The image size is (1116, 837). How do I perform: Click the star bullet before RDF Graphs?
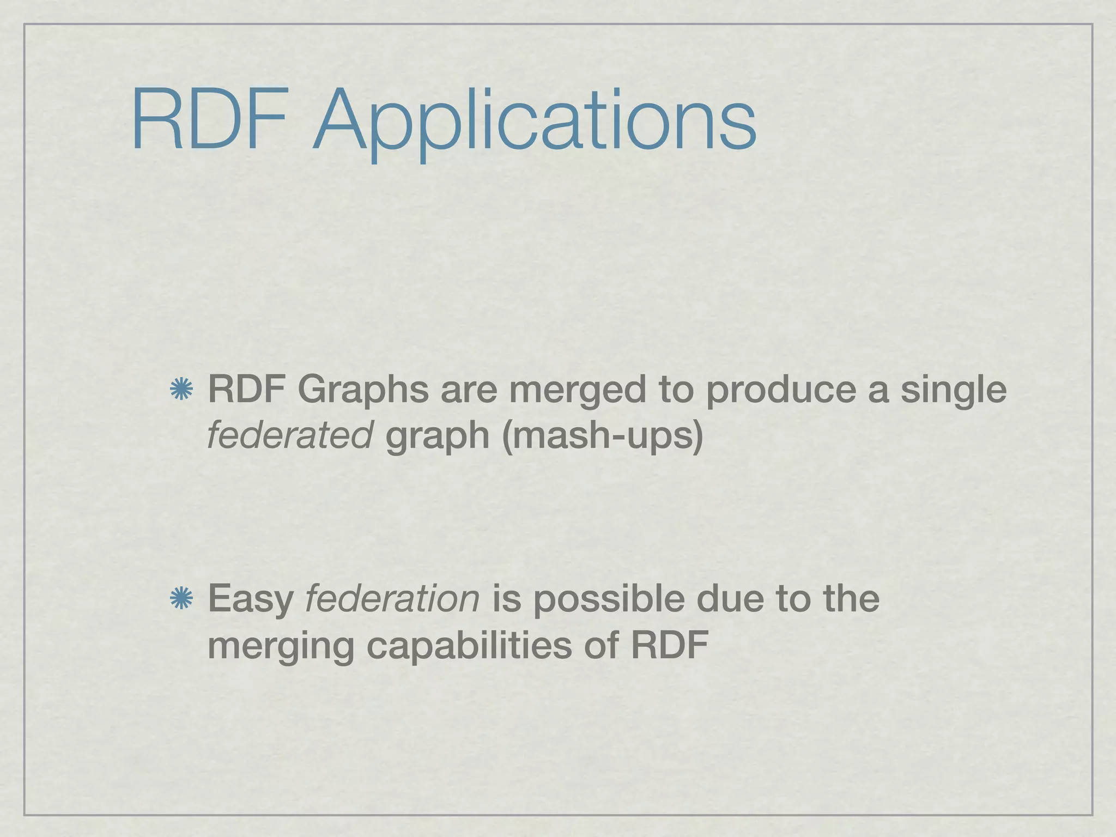click(x=181, y=390)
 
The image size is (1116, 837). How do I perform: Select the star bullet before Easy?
click(x=181, y=599)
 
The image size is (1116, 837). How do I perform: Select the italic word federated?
click(x=289, y=436)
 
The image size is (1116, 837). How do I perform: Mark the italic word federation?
click(x=392, y=599)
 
